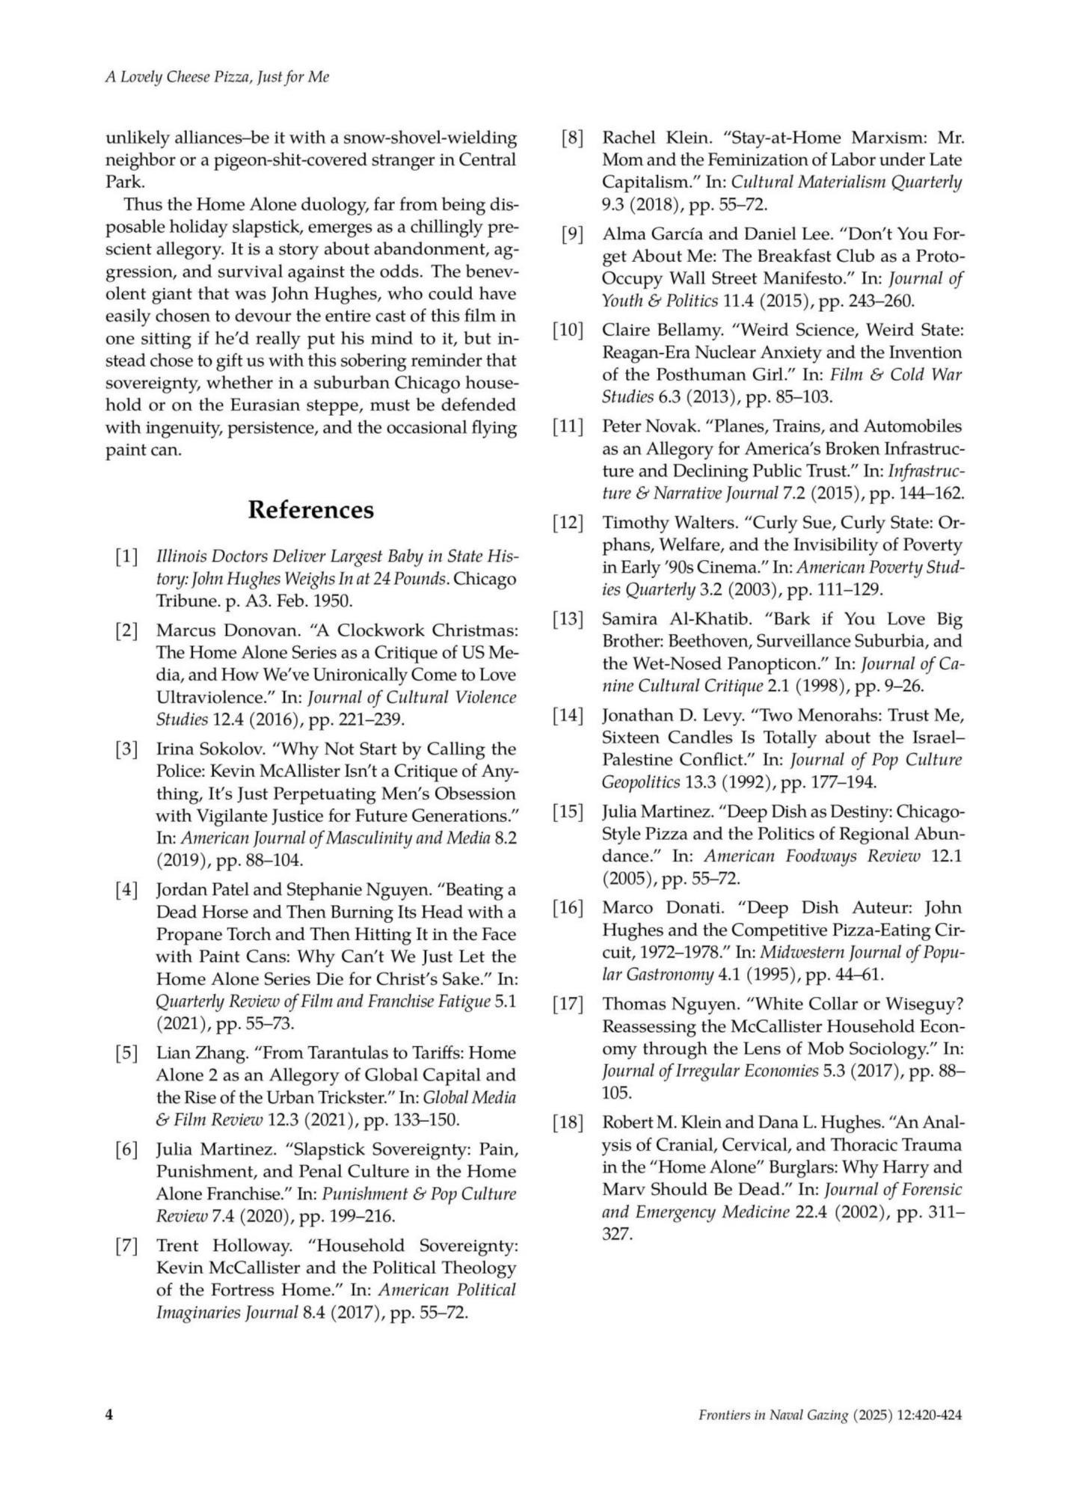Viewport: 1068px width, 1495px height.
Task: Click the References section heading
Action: point(310,510)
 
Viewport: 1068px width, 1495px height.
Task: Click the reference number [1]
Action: point(126,557)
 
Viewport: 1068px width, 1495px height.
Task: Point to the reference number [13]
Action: point(568,619)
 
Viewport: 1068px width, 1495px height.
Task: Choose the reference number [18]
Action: point(568,1123)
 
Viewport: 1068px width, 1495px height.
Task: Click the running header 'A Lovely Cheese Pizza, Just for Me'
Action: point(217,77)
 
